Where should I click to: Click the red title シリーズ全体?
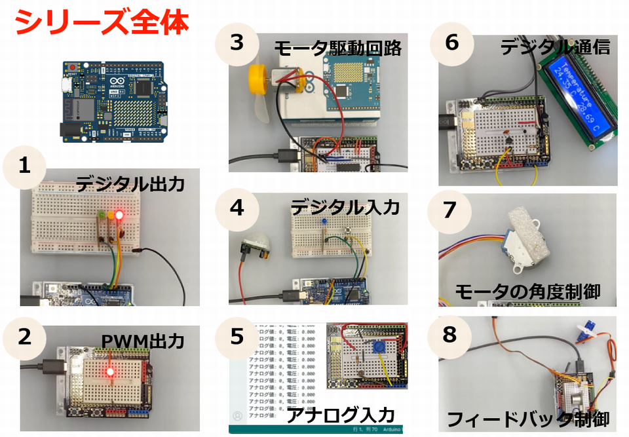point(102,22)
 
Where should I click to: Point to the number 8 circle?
point(449,334)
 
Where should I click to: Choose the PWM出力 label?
point(142,341)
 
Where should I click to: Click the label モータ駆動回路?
point(337,48)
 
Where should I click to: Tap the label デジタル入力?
point(345,208)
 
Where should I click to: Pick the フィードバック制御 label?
point(528,419)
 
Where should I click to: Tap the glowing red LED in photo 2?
point(109,373)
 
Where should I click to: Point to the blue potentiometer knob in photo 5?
point(378,349)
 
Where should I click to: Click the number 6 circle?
point(451,42)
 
